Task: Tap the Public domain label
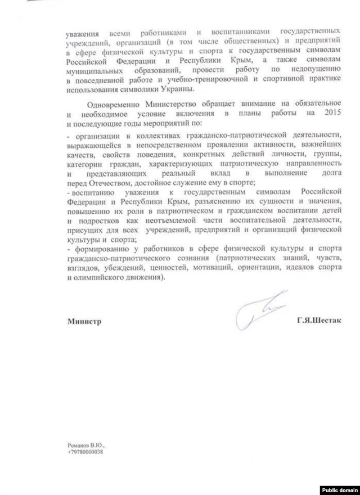tap(340, 487)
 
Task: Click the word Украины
tap(178, 89)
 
